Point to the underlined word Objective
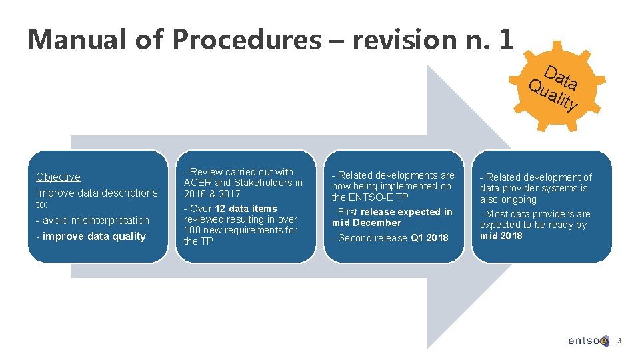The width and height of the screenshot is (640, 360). click(x=58, y=177)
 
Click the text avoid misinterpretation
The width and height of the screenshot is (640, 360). click(x=96, y=220)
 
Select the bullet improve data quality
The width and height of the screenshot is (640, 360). click(x=94, y=236)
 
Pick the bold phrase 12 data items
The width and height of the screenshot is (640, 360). click(x=245, y=209)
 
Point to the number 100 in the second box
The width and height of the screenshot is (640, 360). click(x=193, y=230)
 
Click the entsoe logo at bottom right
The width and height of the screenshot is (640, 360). click(x=588, y=341)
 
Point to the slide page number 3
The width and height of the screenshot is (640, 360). click(x=619, y=341)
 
